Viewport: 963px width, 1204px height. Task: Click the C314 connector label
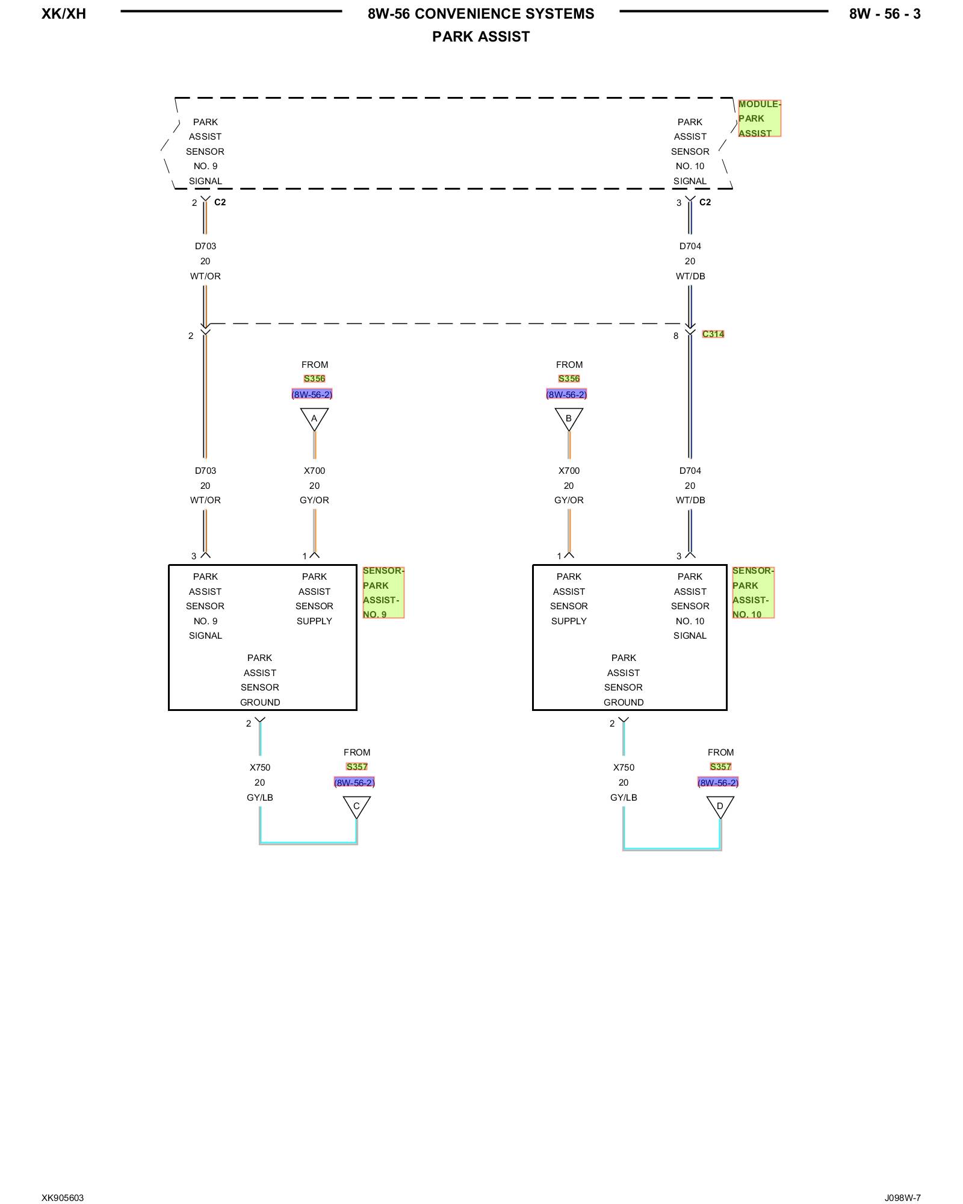pyautogui.click(x=713, y=334)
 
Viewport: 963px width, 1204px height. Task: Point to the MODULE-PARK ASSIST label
pyautogui.click(x=760, y=119)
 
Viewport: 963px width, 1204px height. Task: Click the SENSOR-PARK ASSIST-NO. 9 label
pyautogui.click(x=383, y=592)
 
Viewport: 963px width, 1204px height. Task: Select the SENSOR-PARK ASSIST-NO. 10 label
pyautogui.click(x=753, y=592)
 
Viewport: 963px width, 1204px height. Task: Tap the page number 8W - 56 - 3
pyautogui.click(x=885, y=14)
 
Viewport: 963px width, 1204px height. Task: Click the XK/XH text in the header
pyautogui.click(x=64, y=14)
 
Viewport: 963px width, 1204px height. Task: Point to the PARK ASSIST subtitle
pyautogui.click(x=481, y=37)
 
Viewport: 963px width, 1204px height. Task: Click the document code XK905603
pyautogui.click(x=63, y=1198)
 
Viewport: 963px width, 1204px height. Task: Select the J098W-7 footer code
pyautogui.click(x=903, y=1198)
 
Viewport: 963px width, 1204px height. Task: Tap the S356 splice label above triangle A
pyautogui.click(x=315, y=379)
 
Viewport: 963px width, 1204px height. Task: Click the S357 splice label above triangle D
pyautogui.click(x=720, y=767)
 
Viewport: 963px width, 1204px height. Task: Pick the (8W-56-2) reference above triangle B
pyautogui.click(x=566, y=395)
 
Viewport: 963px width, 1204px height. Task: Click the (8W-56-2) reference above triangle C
pyautogui.click(x=355, y=783)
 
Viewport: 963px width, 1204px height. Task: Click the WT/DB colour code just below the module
pyautogui.click(x=690, y=276)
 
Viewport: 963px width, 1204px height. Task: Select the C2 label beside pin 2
pyautogui.click(x=220, y=202)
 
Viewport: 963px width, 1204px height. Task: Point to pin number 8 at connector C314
pyautogui.click(x=676, y=336)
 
